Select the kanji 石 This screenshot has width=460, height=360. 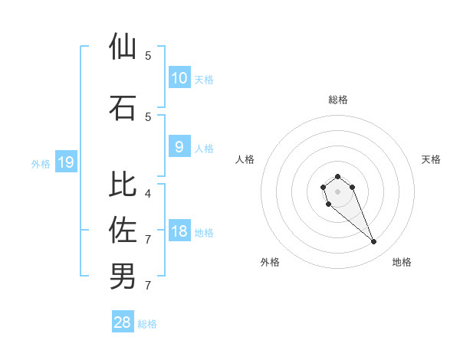[123, 107]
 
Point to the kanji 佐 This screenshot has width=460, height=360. [123, 229]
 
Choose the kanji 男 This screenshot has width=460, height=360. [123, 275]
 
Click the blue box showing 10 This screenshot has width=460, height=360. [179, 77]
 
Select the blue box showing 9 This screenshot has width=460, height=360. [179, 147]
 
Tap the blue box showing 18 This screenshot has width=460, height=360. [179, 231]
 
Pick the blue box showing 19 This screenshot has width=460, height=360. [65, 162]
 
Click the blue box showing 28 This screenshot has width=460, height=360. [123, 322]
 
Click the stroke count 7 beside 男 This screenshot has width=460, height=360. [148, 286]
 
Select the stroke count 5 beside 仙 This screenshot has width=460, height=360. [148, 56]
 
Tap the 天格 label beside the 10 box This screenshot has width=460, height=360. [204, 79]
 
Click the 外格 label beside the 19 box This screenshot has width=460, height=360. [40, 163]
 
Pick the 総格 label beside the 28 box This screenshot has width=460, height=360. [147, 324]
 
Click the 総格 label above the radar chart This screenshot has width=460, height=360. [337, 100]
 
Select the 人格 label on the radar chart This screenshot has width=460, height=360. [245, 159]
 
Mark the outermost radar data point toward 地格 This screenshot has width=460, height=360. [374, 242]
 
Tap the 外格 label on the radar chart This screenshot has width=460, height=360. [270, 262]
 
